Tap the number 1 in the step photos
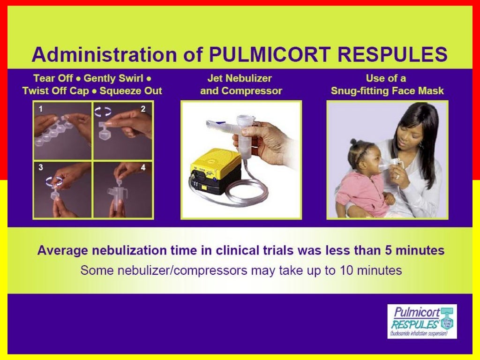point(41,109)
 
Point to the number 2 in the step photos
point(143,109)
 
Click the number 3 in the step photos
point(41,167)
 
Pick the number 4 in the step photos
point(143,167)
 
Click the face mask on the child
point(384,165)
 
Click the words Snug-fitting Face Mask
point(387,91)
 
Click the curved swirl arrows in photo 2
point(103,111)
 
